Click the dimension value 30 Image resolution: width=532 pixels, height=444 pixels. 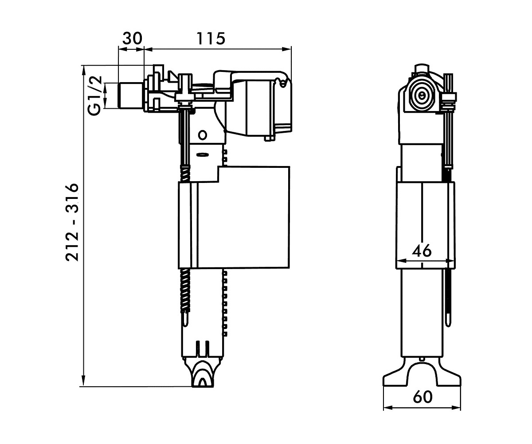click(x=132, y=39)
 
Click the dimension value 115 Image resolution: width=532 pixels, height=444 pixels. click(x=211, y=39)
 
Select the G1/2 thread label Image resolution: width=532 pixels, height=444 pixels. click(x=94, y=96)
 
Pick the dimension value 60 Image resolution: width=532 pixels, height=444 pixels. click(x=422, y=404)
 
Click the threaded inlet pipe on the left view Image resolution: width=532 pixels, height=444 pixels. click(x=131, y=96)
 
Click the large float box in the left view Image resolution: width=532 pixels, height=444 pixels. click(x=234, y=218)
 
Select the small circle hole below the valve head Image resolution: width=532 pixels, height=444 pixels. click(x=203, y=135)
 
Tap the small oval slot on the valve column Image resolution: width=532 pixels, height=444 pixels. click(x=203, y=155)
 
